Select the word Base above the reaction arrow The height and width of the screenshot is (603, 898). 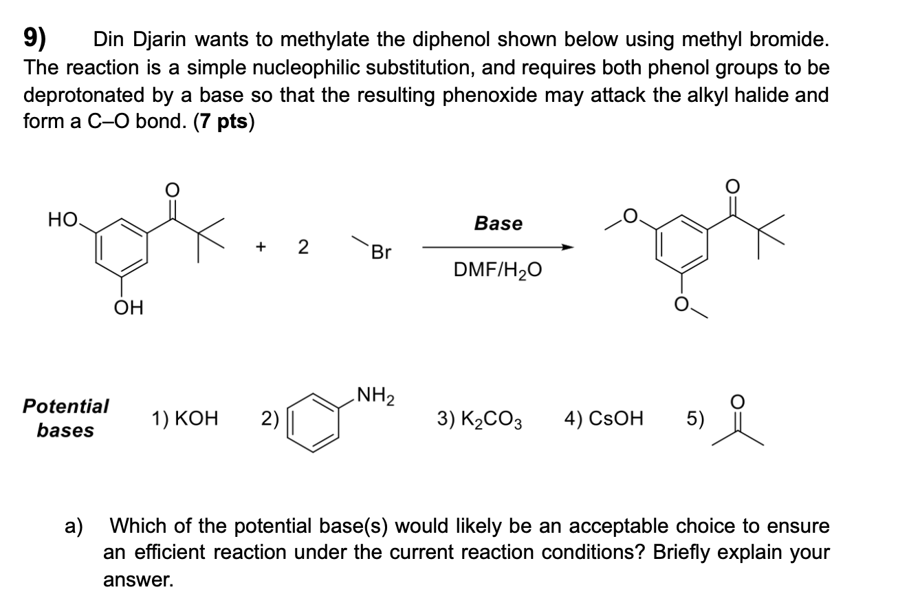click(499, 224)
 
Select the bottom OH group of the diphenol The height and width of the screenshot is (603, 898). click(129, 308)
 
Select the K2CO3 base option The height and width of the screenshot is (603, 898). click(480, 419)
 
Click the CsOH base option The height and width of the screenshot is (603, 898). click(604, 418)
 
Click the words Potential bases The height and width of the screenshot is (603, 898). click(66, 418)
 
